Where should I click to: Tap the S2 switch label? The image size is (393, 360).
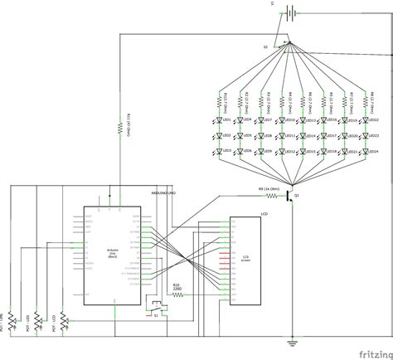coord(266,47)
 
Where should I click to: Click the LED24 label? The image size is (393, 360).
coord(372,151)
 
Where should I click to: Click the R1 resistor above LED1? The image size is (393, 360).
coord(220,100)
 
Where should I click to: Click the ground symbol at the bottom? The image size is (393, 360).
coord(291,343)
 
